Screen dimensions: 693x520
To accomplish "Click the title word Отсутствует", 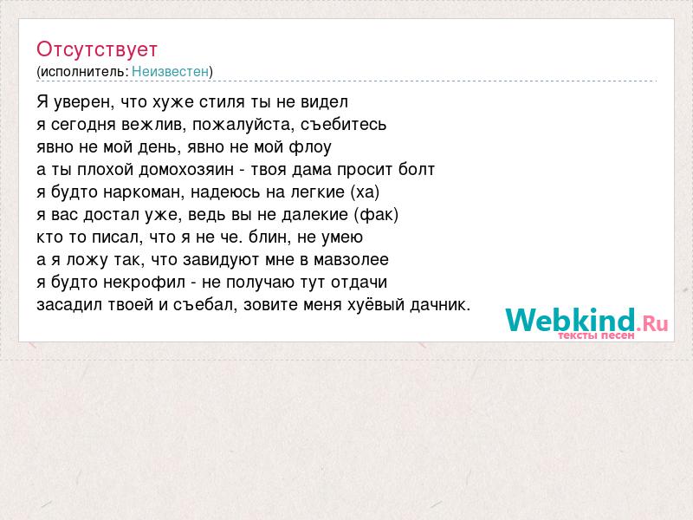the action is coord(97,49).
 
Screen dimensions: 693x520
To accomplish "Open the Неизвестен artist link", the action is coord(170,71).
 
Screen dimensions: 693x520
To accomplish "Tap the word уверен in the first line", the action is coord(84,102).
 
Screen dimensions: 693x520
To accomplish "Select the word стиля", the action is coord(222,102).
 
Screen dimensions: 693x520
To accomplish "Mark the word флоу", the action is coord(310,147).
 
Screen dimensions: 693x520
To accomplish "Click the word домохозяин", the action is coord(186,170).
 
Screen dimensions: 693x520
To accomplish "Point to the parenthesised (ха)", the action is coord(365,192).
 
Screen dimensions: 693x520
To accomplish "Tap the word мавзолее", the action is coord(352,259).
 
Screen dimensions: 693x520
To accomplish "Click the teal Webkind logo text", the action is coord(571,320).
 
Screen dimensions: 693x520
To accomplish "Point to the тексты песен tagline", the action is coord(596,335).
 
